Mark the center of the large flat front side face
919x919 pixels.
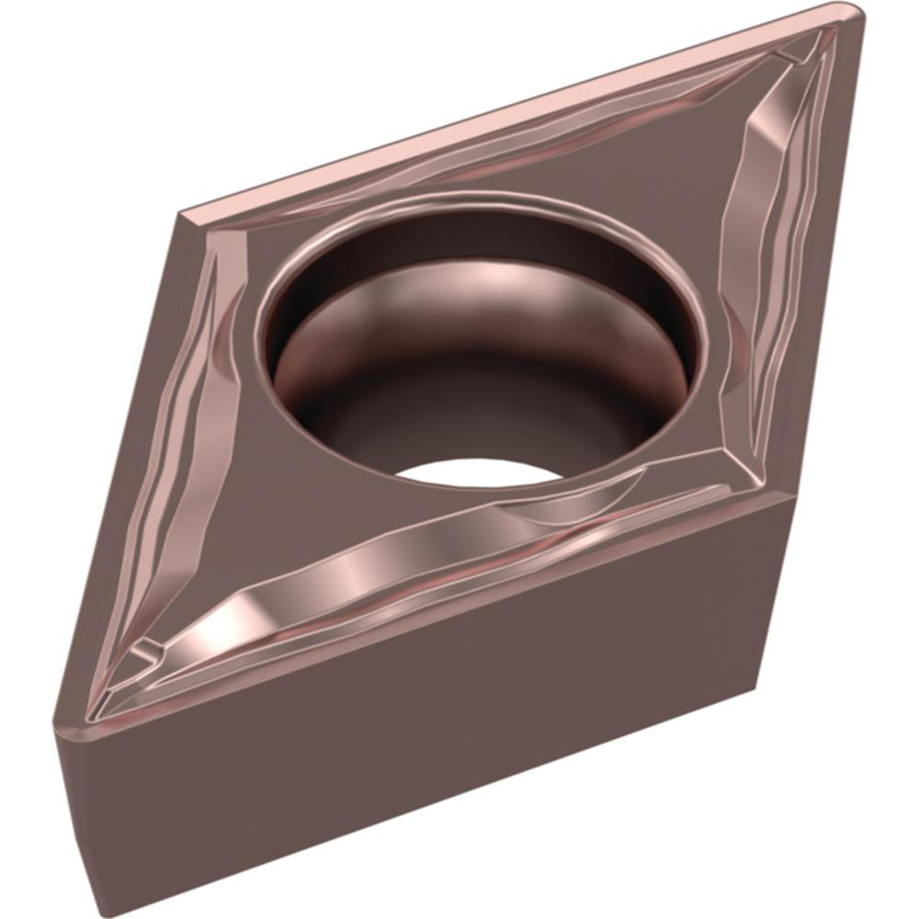pyautogui.click(x=414, y=717)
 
